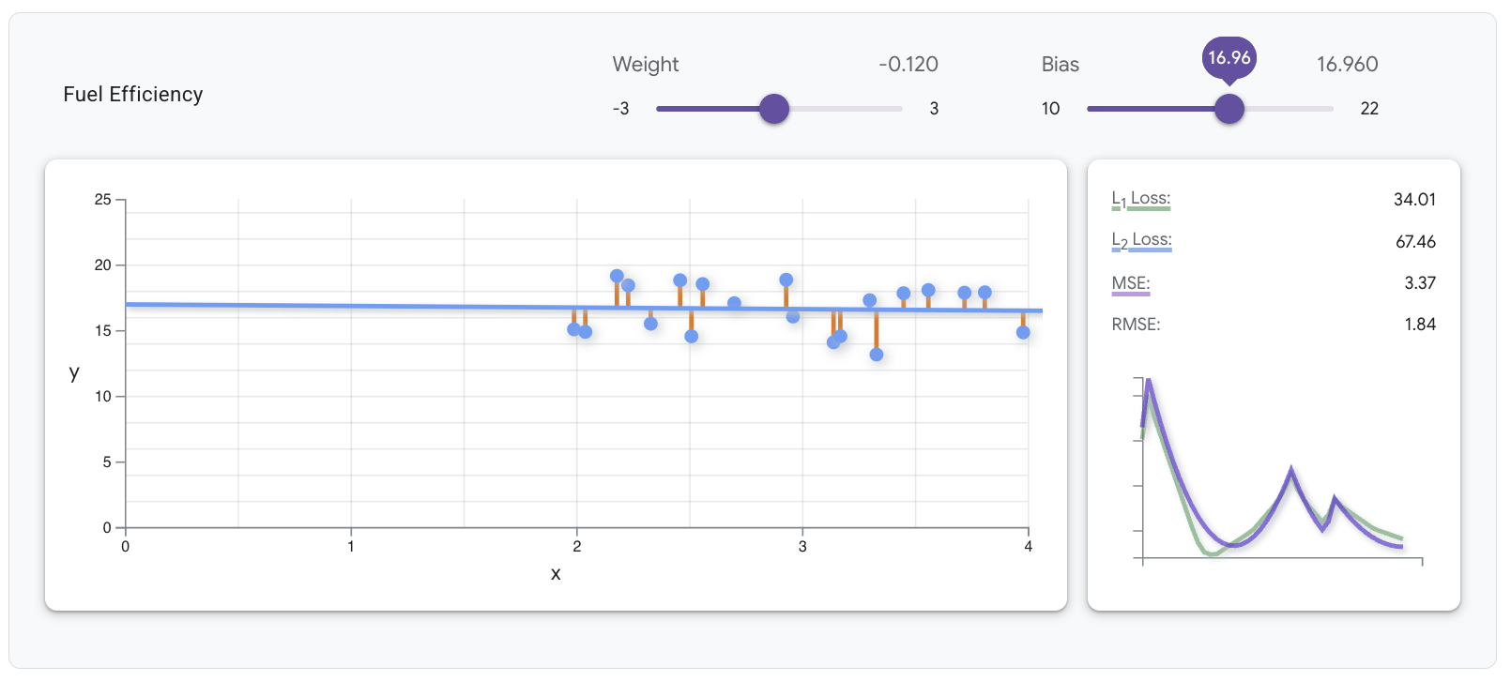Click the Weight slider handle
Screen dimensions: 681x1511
pyautogui.click(x=774, y=109)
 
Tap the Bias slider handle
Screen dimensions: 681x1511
pyautogui.click(x=1229, y=109)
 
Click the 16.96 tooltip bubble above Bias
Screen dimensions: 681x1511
pyautogui.click(x=1229, y=58)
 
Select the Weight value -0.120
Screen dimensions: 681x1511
pyautogui.click(x=908, y=65)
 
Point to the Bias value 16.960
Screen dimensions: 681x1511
pyautogui.click(x=1347, y=65)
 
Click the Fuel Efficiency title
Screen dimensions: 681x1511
pyautogui.click(x=133, y=95)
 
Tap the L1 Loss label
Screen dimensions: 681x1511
pyautogui.click(x=1140, y=199)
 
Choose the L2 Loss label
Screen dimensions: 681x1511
pyautogui.click(x=1141, y=240)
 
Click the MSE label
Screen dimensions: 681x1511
pyautogui.click(x=1130, y=283)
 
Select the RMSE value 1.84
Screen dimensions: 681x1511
pyautogui.click(x=1420, y=325)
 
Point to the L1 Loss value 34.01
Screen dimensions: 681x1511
pyautogui.click(x=1414, y=200)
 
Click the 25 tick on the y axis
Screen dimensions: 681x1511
pyautogui.click(x=102, y=200)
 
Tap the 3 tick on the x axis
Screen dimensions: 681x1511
pyautogui.click(x=802, y=547)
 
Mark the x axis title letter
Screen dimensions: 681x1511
pyautogui.click(x=556, y=574)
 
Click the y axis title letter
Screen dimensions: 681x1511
pyautogui.click(x=74, y=372)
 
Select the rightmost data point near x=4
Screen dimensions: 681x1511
pyautogui.click(x=1023, y=332)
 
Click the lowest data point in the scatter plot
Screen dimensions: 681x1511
pyautogui.click(x=877, y=355)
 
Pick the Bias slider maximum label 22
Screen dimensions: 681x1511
pyautogui.click(x=1369, y=109)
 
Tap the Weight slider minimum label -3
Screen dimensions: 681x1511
pyautogui.click(x=621, y=109)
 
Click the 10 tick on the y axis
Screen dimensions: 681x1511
pyautogui.click(x=102, y=397)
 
